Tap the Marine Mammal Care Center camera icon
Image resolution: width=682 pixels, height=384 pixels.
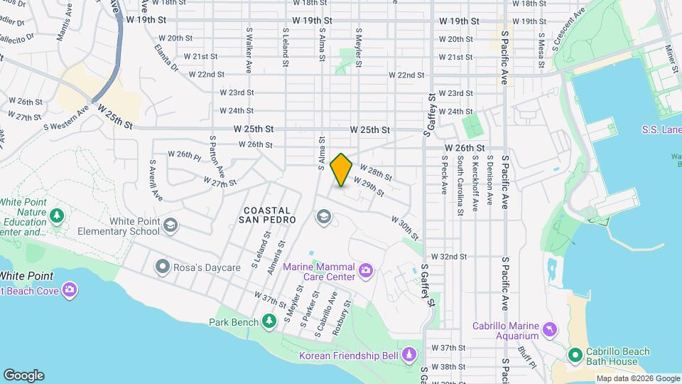(366, 270)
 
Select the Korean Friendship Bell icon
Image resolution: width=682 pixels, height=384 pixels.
(409, 354)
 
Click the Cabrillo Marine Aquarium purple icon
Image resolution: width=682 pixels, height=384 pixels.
(550, 331)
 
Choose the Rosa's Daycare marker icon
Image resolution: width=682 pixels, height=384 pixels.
(163, 267)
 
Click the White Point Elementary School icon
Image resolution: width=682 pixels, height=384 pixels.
(170, 226)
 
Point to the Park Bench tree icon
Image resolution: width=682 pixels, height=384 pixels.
(269, 322)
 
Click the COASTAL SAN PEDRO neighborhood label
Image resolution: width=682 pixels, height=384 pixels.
(267, 216)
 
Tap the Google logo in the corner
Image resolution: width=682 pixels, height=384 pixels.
(23, 375)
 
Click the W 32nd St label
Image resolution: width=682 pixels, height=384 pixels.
(448, 257)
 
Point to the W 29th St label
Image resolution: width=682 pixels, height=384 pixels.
(369, 188)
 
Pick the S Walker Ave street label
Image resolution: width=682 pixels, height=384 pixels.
(249, 50)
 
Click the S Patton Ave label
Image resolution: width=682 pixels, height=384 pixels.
(217, 157)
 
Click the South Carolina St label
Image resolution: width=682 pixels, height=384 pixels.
(460, 187)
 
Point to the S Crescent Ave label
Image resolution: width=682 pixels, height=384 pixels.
(568, 29)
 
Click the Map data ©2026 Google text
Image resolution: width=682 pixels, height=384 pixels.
(637, 379)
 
